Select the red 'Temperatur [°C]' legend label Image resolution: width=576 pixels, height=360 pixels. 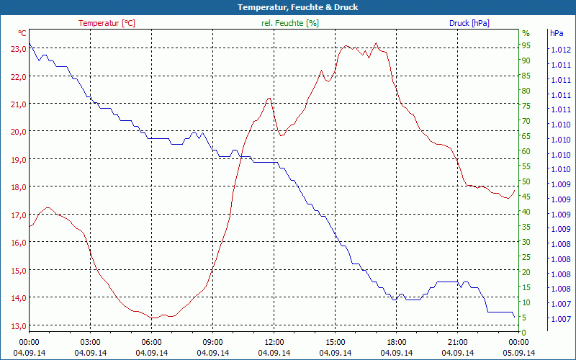pyautogui.click(x=107, y=23)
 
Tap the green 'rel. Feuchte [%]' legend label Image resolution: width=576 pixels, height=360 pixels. pyautogui.click(x=290, y=23)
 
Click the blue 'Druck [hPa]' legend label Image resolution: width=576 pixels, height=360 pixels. pyautogui.click(x=469, y=23)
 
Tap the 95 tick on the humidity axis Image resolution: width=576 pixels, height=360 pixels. pyautogui.click(x=526, y=45)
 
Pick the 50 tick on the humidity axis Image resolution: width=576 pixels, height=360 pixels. pyautogui.click(x=526, y=181)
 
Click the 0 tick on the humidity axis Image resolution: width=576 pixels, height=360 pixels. pyautogui.click(x=524, y=332)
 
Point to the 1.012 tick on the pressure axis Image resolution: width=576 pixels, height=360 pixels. pyautogui.click(x=560, y=50)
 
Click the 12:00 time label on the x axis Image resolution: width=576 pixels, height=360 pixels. pyautogui.click(x=274, y=342)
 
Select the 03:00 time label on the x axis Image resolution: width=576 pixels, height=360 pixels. pyautogui.click(x=90, y=342)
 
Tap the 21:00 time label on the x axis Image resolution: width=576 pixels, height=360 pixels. pyautogui.click(x=457, y=342)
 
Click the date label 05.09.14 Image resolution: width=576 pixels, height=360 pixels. pyautogui.click(x=518, y=353)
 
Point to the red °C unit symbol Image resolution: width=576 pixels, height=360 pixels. pyautogui.click(x=22, y=33)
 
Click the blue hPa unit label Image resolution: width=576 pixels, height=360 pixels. pyautogui.click(x=556, y=33)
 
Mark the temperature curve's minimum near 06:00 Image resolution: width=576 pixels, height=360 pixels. pyautogui.click(x=153, y=317)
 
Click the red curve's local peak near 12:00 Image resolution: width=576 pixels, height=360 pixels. pyautogui.click(x=269, y=99)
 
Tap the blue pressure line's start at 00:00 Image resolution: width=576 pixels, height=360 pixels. pyautogui.click(x=30, y=45)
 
